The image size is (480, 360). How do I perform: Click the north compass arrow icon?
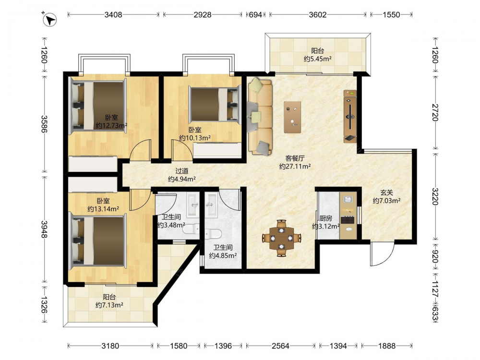[49, 20]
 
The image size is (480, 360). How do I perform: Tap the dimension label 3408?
[113, 14]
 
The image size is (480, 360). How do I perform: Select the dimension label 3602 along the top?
[318, 14]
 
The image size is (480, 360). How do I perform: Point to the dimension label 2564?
[280, 346]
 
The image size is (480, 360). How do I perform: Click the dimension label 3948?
[45, 229]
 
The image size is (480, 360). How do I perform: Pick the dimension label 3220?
[435, 196]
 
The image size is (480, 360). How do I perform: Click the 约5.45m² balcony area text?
[318, 59]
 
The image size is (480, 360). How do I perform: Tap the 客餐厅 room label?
[295, 158]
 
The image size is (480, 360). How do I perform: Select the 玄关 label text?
[386, 192]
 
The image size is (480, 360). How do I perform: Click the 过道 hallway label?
[182, 171]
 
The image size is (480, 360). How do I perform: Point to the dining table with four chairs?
[282, 238]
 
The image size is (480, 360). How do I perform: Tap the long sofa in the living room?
[260, 116]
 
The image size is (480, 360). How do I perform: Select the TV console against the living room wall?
[350, 116]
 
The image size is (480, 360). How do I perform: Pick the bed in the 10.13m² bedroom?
[214, 104]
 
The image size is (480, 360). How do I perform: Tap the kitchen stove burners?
[348, 219]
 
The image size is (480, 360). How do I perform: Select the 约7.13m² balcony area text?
[109, 305]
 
